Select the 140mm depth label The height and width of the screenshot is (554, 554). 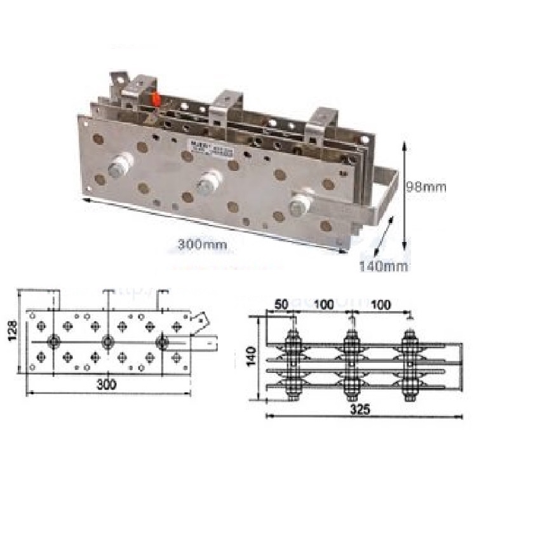coord(384,266)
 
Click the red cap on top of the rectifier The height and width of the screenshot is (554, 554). coord(155,100)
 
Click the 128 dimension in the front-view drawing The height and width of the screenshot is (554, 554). coord(12,330)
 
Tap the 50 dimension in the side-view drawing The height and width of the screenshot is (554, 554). coord(281,305)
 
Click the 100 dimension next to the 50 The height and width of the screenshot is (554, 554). coord(323,305)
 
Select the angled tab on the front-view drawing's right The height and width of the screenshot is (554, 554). coord(201,321)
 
